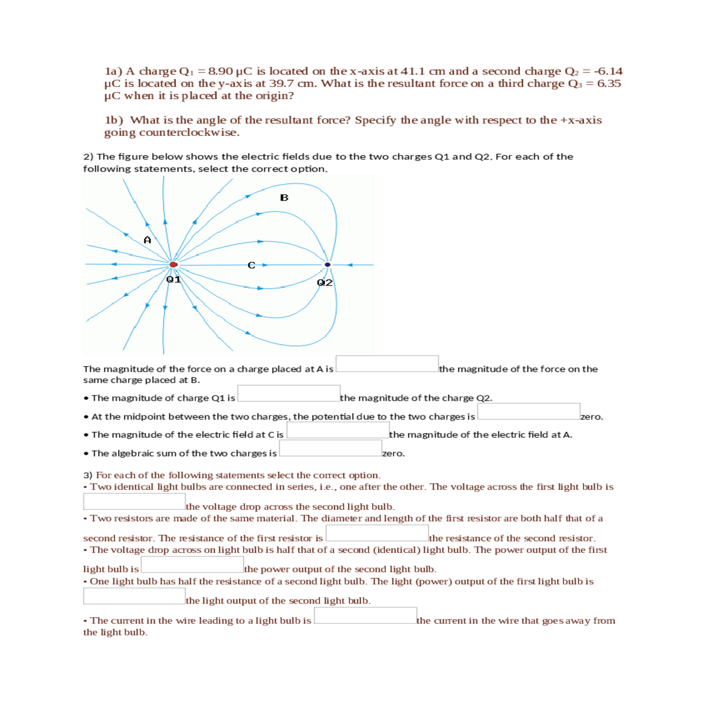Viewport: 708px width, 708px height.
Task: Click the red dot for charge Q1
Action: (x=173, y=265)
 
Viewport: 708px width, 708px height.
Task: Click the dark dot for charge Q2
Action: (x=327, y=264)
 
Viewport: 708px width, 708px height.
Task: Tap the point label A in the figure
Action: (x=147, y=240)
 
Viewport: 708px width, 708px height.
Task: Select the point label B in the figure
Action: (x=284, y=198)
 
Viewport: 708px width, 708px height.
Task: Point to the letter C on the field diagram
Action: (x=251, y=265)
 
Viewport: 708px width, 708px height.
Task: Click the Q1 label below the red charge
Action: (x=173, y=279)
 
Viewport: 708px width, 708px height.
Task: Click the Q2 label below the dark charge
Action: (x=324, y=283)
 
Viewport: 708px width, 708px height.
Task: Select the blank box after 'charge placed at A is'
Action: (x=387, y=363)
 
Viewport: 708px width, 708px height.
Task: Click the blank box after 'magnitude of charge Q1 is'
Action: (x=289, y=393)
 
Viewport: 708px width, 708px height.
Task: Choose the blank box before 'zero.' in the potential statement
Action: (x=529, y=411)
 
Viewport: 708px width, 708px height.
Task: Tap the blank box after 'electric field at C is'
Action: (x=337, y=430)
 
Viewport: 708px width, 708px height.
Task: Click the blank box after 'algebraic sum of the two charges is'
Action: (x=330, y=448)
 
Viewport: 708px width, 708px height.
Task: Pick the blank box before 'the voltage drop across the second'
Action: (x=135, y=501)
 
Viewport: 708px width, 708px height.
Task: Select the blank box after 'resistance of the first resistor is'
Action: (x=377, y=533)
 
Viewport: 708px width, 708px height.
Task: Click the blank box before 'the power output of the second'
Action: (x=192, y=565)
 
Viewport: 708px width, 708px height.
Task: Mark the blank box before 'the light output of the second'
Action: (x=135, y=596)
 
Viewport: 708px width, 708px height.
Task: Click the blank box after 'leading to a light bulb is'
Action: (x=365, y=615)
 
